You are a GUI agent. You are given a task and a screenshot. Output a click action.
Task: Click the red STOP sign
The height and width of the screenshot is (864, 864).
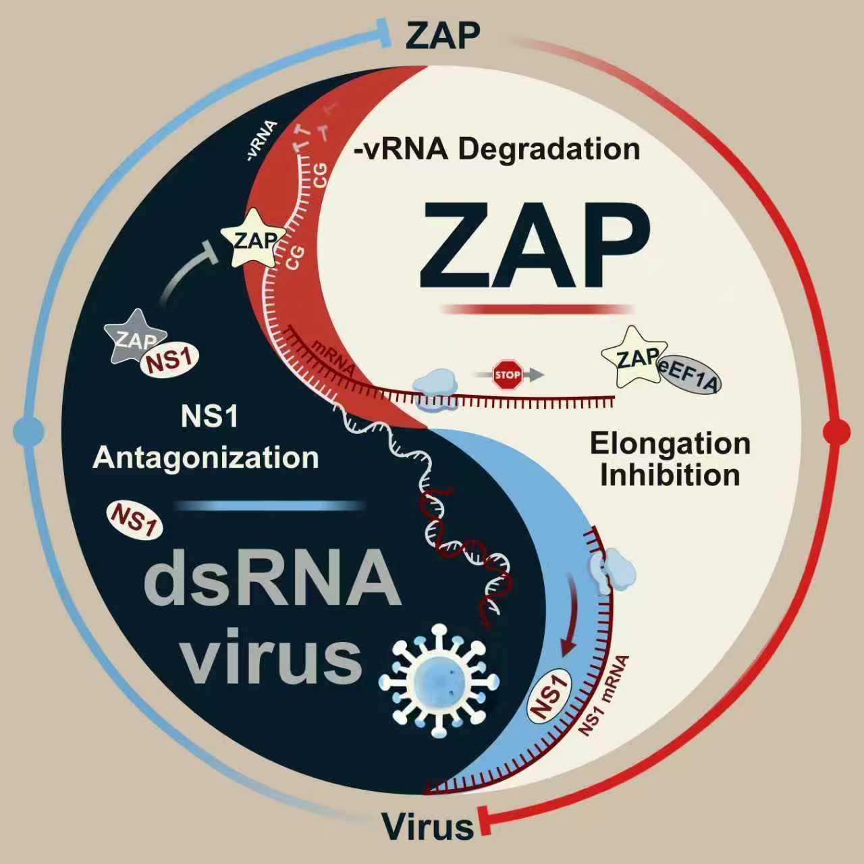click(508, 375)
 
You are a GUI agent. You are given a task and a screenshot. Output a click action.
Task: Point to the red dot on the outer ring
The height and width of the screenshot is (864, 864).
click(837, 431)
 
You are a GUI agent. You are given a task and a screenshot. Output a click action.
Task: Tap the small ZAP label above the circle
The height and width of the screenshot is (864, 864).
click(442, 35)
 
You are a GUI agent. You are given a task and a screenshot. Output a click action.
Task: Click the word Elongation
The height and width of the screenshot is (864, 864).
click(670, 444)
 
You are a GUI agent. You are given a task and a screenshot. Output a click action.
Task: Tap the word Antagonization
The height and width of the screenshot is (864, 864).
click(206, 458)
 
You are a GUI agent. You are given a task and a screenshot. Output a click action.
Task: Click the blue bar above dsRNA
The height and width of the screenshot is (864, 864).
click(270, 505)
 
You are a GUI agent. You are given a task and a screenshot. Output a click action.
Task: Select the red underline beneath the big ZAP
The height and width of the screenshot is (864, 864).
click(537, 309)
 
